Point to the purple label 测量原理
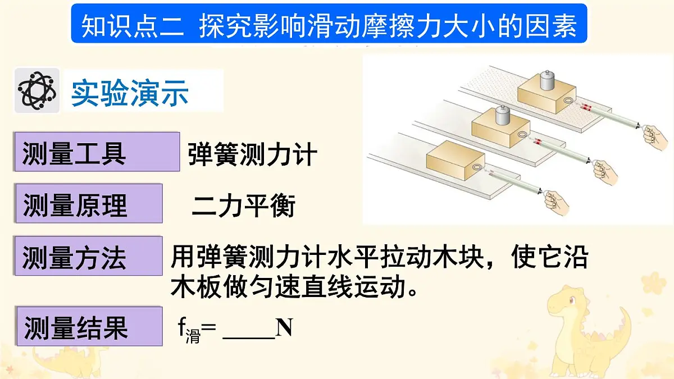pyautogui.click(x=75, y=205)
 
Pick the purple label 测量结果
pyautogui.click(x=75, y=327)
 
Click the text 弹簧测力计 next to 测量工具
pyautogui.click(x=252, y=154)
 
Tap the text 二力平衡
pyautogui.click(x=243, y=206)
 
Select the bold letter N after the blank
pyautogui.click(x=284, y=328)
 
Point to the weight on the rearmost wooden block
pyautogui.click(x=547, y=80)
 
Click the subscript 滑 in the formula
pyautogui.click(x=193, y=337)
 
